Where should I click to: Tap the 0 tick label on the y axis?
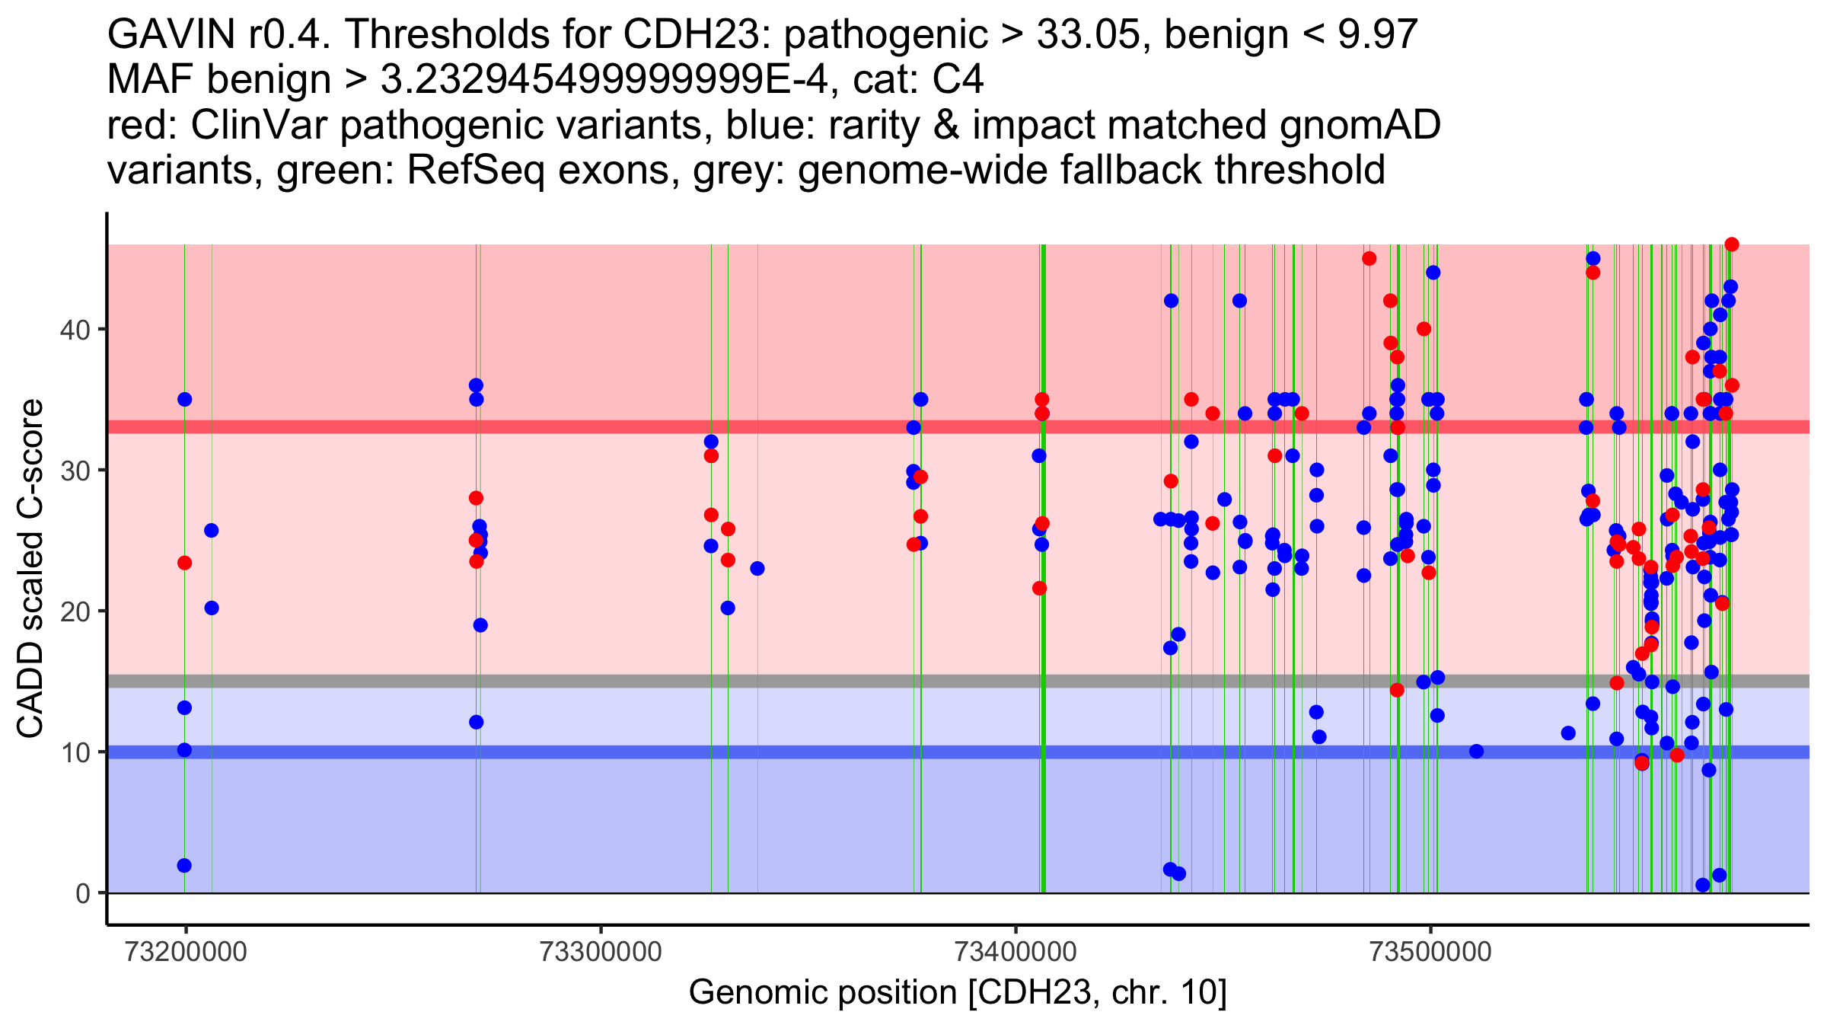coord(83,893)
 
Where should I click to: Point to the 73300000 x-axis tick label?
coord(601,952)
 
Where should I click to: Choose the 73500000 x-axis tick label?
coord(1430,952)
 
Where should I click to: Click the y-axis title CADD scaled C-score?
coord(30,569)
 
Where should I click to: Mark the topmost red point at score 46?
coord(1732,244)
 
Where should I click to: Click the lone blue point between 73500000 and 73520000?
coord(1477,752)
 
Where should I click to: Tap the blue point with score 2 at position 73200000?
coord(184,866)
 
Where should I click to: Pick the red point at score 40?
coord(1424,329)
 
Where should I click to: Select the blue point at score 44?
coord(1433,273)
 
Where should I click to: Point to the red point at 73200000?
coord(184,563)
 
